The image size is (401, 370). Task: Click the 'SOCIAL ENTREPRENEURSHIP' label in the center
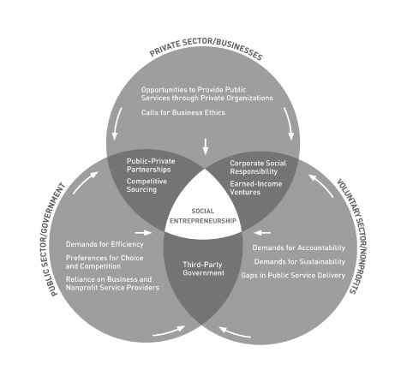(x=203, y=216)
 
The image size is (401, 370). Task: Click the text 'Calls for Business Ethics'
(x=183, y=112)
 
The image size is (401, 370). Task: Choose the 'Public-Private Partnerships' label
(x=151, y=165)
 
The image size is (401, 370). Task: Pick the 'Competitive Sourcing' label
(x=147, y=185)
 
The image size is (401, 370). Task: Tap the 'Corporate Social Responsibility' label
(x=258, y=167)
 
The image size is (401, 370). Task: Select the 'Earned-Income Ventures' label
(x=256, y=188)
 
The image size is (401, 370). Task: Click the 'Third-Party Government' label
(x=203, y=269)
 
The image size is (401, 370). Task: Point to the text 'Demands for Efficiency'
(x=105, y=244)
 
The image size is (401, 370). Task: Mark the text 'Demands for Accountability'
(x=298, y=248)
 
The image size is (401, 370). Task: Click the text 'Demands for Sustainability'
(x=300, y=261)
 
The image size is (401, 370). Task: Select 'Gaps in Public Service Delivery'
(x=293, y=276)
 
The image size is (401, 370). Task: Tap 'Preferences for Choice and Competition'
(x=105, y=262)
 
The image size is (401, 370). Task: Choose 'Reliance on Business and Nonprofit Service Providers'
(x=112, y=283)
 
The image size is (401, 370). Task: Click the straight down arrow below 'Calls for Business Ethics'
(x=205, y=146)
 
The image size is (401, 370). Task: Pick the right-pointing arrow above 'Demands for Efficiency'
(x=143, y=233)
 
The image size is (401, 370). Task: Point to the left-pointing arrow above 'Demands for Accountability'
(x=262, y=233)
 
